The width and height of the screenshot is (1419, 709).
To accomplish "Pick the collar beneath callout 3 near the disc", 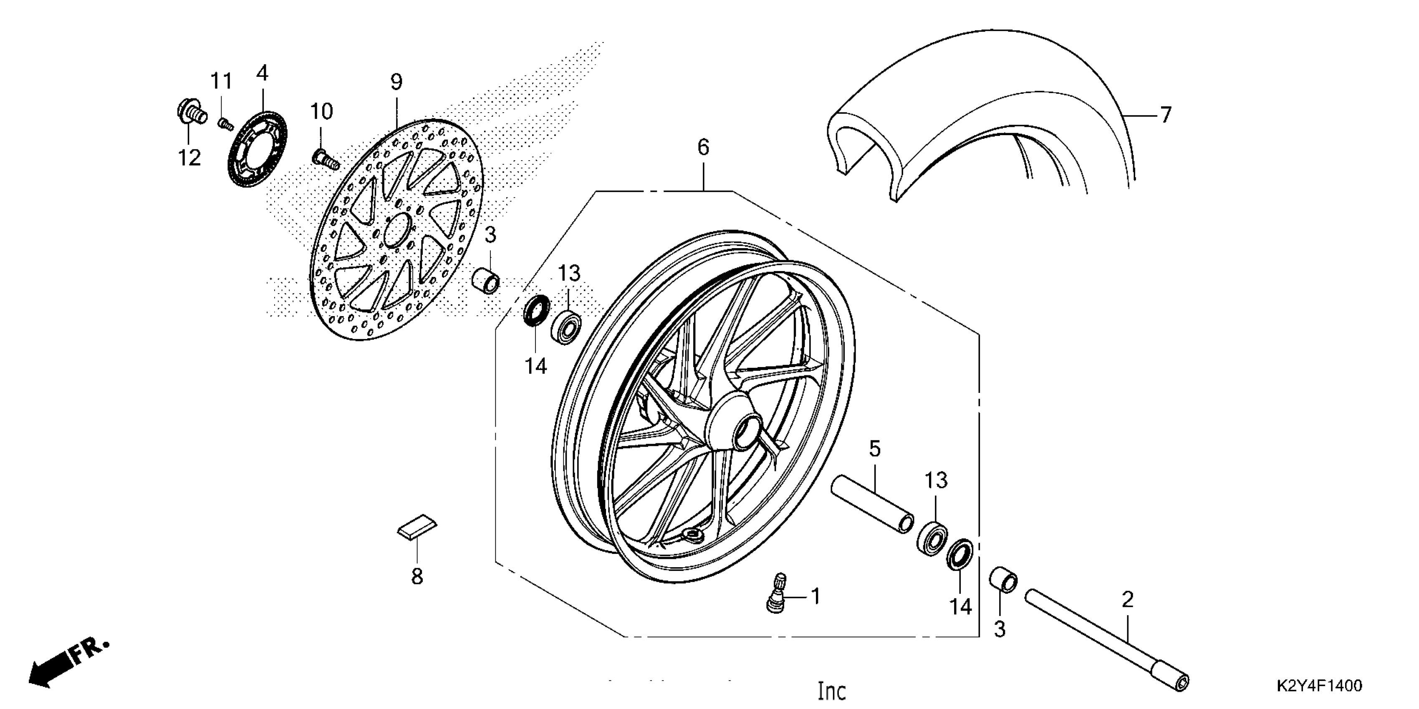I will tap(486, 280).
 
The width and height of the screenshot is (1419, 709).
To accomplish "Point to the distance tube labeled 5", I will tap(873, 504).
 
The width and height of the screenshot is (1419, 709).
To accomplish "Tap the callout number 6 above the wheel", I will tap(703, 148).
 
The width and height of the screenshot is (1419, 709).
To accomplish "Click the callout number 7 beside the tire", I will tap(1165, 115).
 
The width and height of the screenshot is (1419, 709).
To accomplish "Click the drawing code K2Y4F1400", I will tap(1319, 686).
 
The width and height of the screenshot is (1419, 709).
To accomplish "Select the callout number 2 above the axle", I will tap(1128, 599).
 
